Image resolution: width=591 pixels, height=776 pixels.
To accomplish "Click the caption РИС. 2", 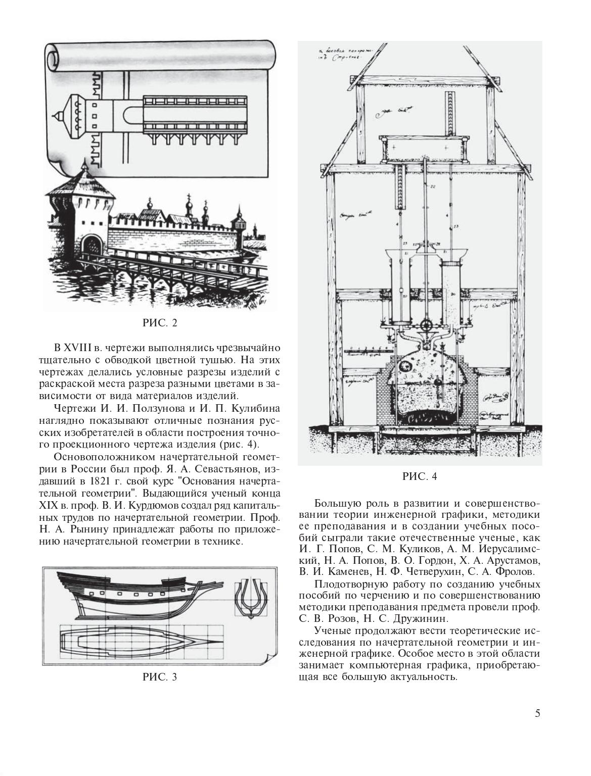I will [160, 323].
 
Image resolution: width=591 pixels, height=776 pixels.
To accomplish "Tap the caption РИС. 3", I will [160, 677].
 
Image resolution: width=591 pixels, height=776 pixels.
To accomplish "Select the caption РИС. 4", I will [420, 476].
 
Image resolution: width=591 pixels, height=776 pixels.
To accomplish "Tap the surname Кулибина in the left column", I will [253, 408].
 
